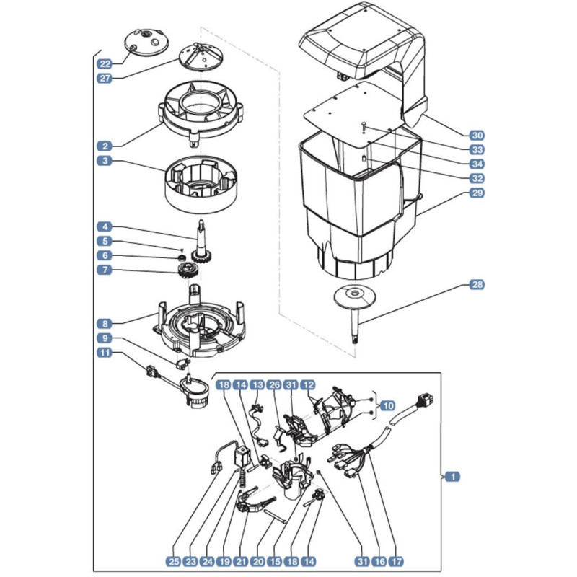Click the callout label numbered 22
click(x=105, y=64)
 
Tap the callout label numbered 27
click(x=105, y=79)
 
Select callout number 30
click(x=477, y=136)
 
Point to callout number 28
click(x=477, y=284)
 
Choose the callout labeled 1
click(x=453, y=477)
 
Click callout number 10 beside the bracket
click(x=387, y=406)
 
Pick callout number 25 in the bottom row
click(x=174, y=562)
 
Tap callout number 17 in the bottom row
click(x=396, y=562)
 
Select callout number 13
click(x=257, y=385)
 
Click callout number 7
click(x=105, y=270)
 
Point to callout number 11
click(x=105, y=353)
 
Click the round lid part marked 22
click(x=147, y=43)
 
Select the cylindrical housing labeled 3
click(x=201, y=185)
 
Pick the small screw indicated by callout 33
click(x=364, y=125)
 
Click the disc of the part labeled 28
click(x=355, y=296)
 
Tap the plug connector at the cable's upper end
click(x=424, y=400)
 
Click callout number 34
click(x=477, y=164)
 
